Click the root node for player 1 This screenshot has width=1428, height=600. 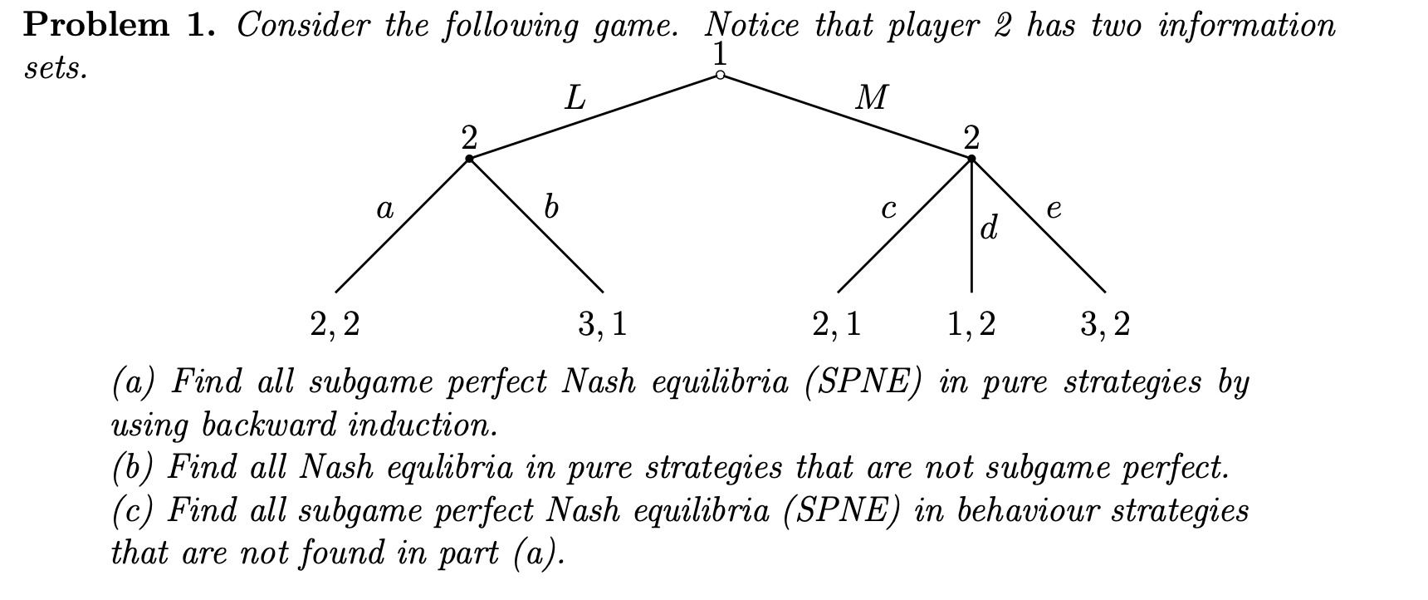click(x=720, y=76)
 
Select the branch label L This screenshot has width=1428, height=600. click(x=575, y=100)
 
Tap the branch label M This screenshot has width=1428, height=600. click(x=870, y=99)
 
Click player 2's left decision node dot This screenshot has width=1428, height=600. click(x=469, y=158)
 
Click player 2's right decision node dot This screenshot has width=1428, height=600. click(x=971, y=158)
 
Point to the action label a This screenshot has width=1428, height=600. click(x=384, y=209)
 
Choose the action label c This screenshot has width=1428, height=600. click(x=888, y=209)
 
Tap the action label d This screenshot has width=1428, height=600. click(x=988, y=226)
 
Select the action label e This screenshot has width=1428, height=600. click(x=1054, y=209)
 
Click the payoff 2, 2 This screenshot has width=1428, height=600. click(x=335, y=324)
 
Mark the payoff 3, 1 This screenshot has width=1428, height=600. click(x=602, y=324)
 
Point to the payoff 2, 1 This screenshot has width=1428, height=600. click(x=837, y=324)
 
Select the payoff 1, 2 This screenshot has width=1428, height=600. click(x=971, y=324)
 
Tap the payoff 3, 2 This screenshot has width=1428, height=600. click(x=1105, y=324)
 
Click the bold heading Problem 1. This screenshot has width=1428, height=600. click(x=120, y=26)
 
